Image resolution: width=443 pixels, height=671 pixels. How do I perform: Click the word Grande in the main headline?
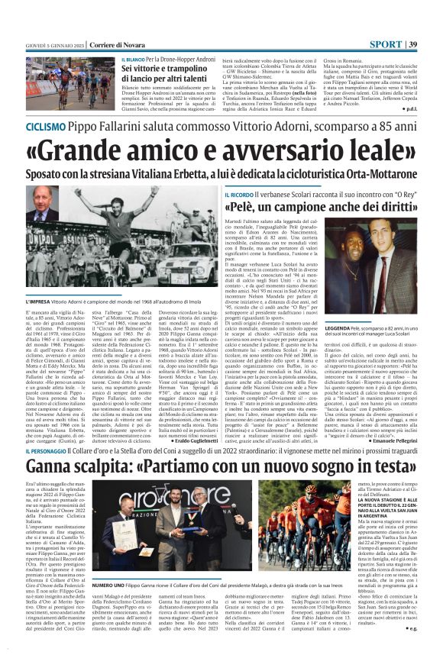pyautogui.click(x=91, y=150)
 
